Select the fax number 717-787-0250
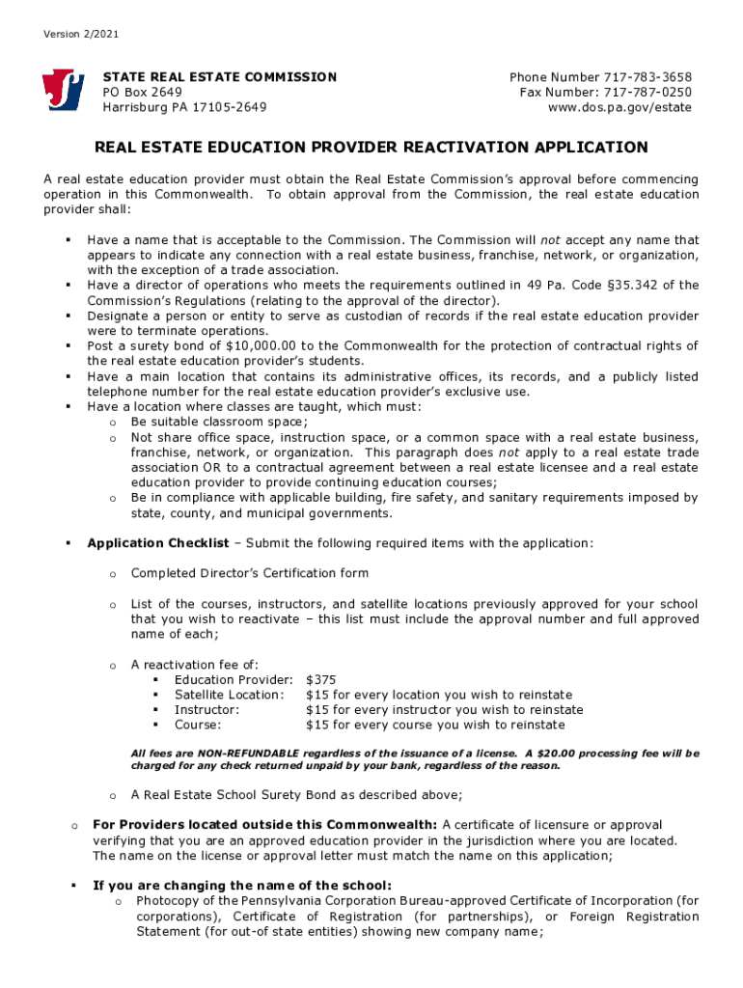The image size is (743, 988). [x=648, y=93]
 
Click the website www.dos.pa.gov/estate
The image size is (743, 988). [x=619, y=107]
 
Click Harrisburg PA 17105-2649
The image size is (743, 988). [x=185, y=107]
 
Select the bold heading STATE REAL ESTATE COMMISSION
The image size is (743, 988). [x=220, y=77]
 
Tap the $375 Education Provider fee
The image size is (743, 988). [x=320, y=680]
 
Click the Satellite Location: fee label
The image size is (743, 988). [x=229, y=695]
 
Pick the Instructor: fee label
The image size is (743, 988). [x=206, y=710]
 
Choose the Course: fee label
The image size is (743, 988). [x=197, y=725]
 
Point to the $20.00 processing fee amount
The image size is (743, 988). [x=551, y=754]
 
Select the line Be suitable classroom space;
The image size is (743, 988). [x=219, y=422]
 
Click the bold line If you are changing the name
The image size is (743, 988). [x=242, y=886]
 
